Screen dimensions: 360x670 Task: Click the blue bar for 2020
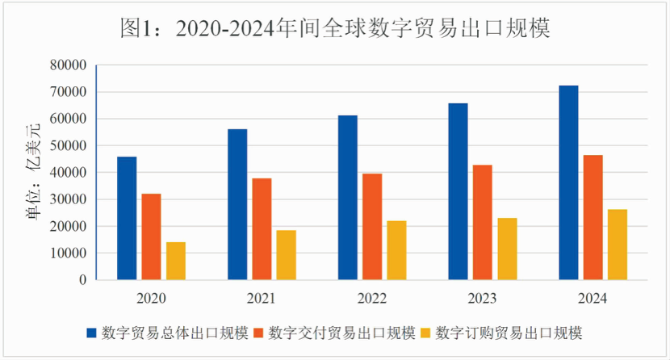tap(127, 218)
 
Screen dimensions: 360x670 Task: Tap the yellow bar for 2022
tap(396, 250)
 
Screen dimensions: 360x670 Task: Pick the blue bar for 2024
tap(568, 182)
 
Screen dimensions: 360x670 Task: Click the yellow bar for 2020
tap(176, 261)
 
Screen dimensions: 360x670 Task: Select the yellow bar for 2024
tap(618, 245)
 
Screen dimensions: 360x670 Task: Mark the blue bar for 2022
tap(348, 198)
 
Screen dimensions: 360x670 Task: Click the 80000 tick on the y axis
tap(68, 65)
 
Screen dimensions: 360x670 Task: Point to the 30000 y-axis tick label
tap(68, 199)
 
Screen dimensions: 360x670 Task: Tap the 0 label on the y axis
tap(82, 280)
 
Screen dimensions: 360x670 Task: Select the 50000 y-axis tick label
tap(68, 146)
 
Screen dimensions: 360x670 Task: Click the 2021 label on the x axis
tap(262, 299)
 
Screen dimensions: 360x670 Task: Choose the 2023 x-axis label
tap(483, 299)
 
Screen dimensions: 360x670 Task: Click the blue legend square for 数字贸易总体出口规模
tap(92, 333)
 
